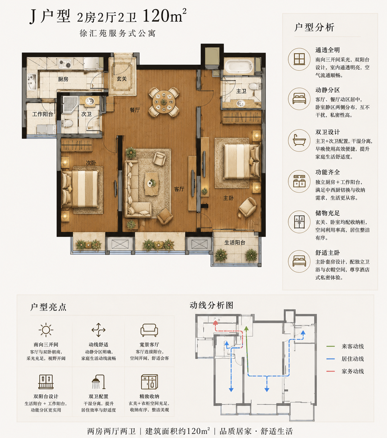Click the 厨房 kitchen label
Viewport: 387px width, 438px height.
[x=63, y=79]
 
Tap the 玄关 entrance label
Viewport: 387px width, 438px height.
[x=122, y=79]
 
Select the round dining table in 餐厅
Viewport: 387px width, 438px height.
[x=164, y=102]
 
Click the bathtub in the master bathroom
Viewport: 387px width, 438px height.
[x=238, y=66]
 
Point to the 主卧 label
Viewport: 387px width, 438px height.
[x=228, y=198]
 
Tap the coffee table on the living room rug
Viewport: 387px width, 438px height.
[x=152, y=184]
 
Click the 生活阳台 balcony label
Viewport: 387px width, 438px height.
[x=235, y=242]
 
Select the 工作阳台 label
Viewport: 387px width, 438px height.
[x=43, y=114]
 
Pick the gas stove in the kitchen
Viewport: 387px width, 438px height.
[x=65, y=63]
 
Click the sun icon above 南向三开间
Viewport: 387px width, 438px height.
[x=46, y=330]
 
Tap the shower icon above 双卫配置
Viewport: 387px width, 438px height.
[x=98, y=382]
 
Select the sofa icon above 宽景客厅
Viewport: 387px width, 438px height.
[x=149, y=330]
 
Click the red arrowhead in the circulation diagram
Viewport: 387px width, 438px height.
[x=215, y=323]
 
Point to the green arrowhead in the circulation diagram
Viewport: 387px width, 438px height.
[x=246, y=328]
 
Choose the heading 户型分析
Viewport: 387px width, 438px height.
[x=315, y=28]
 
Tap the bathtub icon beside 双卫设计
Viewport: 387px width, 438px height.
[x=299, y=140]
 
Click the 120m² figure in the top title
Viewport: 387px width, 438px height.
[x=164, y=15]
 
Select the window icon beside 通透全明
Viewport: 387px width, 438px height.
[x=299, y=59]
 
